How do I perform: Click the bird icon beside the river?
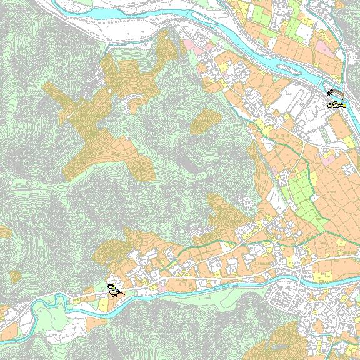tap(113, 290)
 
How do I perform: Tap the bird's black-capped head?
tap(111, 286)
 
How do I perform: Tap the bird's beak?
tap(107, 287)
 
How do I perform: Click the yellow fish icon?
tap(335, 106)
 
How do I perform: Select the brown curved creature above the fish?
tap(334, 94)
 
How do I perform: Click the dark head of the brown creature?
tap(327, 95)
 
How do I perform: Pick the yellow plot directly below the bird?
tap(104, 304)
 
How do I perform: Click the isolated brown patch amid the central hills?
tap(202, 121)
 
